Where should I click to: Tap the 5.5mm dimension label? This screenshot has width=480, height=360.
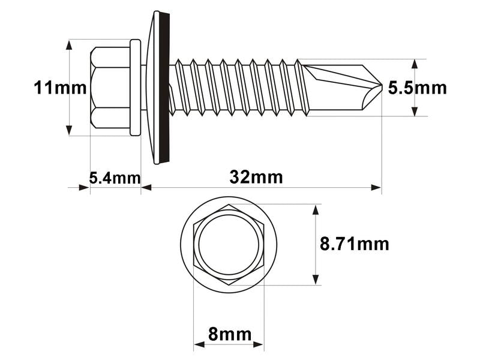tap(418, 88)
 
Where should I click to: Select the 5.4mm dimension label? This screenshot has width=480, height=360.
tap(115, 178)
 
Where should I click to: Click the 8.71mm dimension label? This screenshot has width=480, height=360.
tap(355, 244)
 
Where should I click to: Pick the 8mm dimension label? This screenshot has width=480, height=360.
tap(228, 334)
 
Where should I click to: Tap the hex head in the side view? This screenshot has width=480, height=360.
tap(111, 88)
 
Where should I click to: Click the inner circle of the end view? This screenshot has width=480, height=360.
tap(228, 245)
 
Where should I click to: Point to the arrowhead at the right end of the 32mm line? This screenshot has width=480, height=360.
tap(376, 188)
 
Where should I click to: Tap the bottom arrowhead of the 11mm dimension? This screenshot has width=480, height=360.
tap(70, 130)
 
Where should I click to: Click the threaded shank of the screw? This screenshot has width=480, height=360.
tap(240, 88)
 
